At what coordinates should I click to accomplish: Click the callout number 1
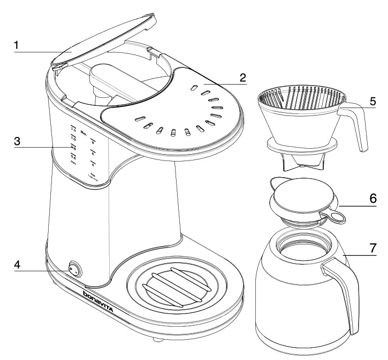coord(17,45)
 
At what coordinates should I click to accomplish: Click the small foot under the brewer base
coord(156,340)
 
